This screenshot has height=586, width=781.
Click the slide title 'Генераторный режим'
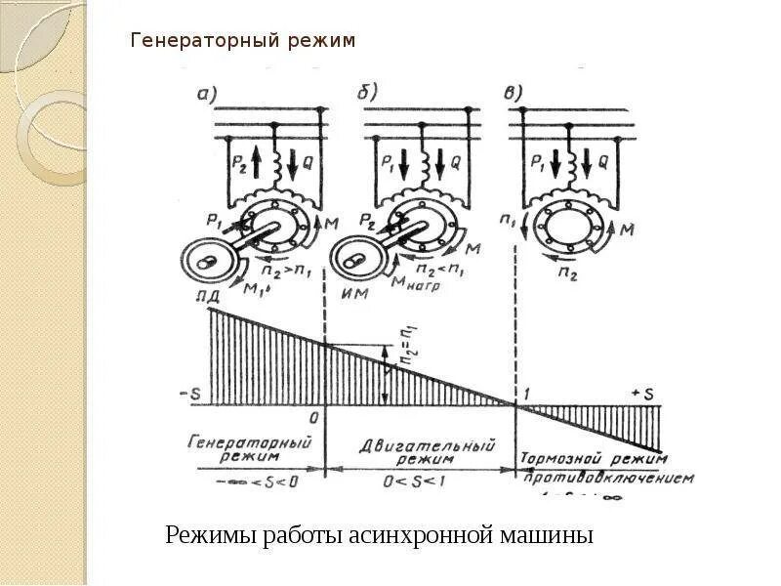pos(243,41)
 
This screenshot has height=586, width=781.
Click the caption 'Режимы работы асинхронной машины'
pos(379,535)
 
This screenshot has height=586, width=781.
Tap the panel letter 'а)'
pos(207,95)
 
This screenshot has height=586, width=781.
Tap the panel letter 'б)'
pos(367,91)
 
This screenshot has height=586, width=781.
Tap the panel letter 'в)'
pos(514,92)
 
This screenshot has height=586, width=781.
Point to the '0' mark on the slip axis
pos(315,417)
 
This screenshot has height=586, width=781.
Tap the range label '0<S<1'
pos(419,481)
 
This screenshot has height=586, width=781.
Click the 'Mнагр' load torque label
pos(417,287)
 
